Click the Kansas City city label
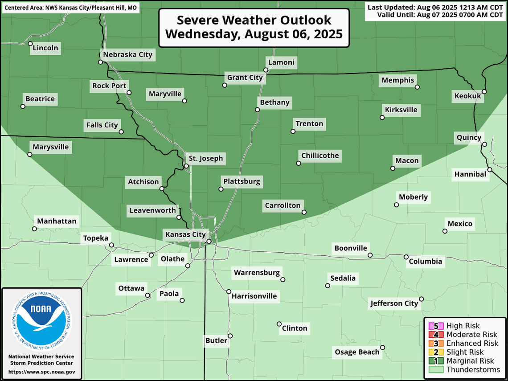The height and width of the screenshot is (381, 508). (185, 234)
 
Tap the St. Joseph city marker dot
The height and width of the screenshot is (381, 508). (186, 166)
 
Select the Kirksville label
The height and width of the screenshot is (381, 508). (401, 110)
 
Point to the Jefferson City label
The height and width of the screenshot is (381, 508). (394, 303)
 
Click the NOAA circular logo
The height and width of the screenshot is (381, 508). (41, 320)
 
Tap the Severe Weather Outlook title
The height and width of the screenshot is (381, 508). (254, 27)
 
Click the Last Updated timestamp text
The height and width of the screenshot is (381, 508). (435, 7)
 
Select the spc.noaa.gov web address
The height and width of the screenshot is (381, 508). (41, 372)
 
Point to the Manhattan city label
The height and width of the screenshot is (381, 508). (57, 221)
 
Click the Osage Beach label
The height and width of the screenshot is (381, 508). (357, 352)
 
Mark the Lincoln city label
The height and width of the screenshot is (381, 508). (45, 48)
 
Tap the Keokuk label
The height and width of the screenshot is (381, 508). (467, 96)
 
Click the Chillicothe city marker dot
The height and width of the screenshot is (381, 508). (299, 163)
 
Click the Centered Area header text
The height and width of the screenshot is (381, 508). (71, 8)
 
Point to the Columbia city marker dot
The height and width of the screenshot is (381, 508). (406, 257)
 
